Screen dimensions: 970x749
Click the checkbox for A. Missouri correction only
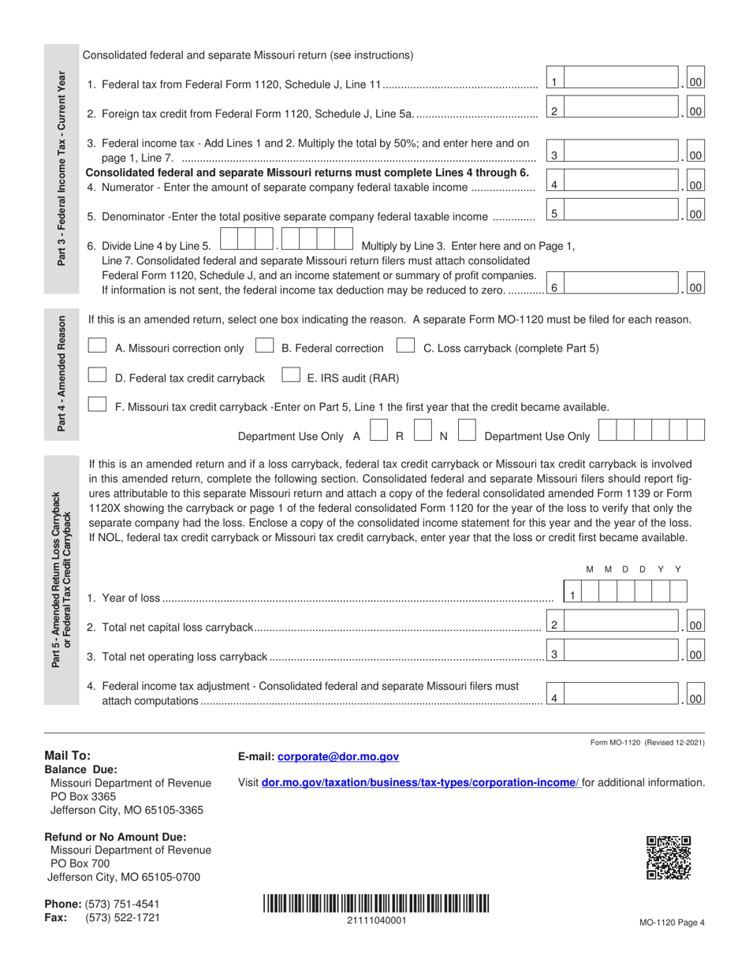tap(97, 347)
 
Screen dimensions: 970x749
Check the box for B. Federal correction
tap(265, 347)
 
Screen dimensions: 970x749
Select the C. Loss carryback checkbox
tap(405, 347)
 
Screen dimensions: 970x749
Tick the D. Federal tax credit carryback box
tap(97, 377)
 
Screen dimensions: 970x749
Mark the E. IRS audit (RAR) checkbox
tap(291, 377)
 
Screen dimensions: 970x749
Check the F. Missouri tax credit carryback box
tap(97, 405)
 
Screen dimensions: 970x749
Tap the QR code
tap(668, 857)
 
